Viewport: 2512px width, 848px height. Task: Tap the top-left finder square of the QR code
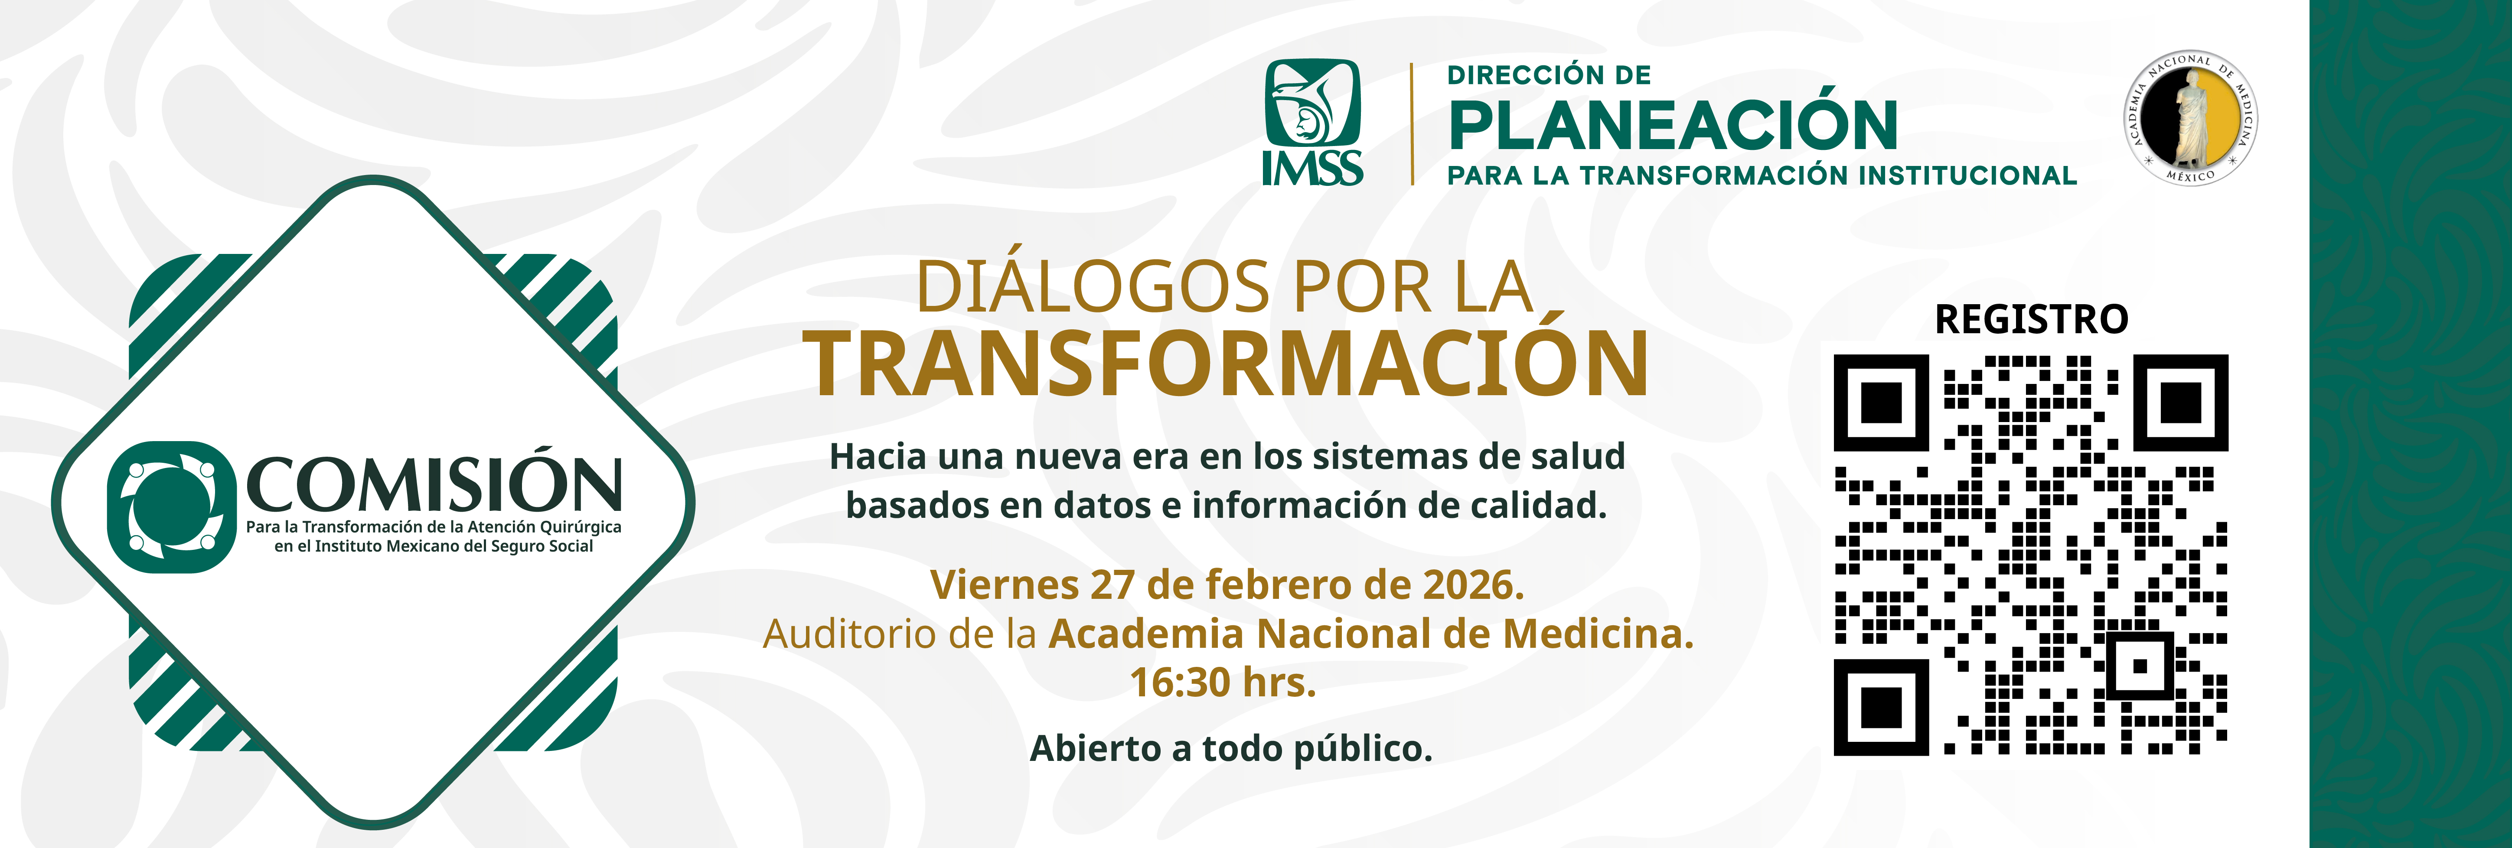tap(1881, 403)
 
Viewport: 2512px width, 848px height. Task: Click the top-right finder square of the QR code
tap(2180, 403)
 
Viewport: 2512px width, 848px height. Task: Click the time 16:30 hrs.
tap(1223, 682)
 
